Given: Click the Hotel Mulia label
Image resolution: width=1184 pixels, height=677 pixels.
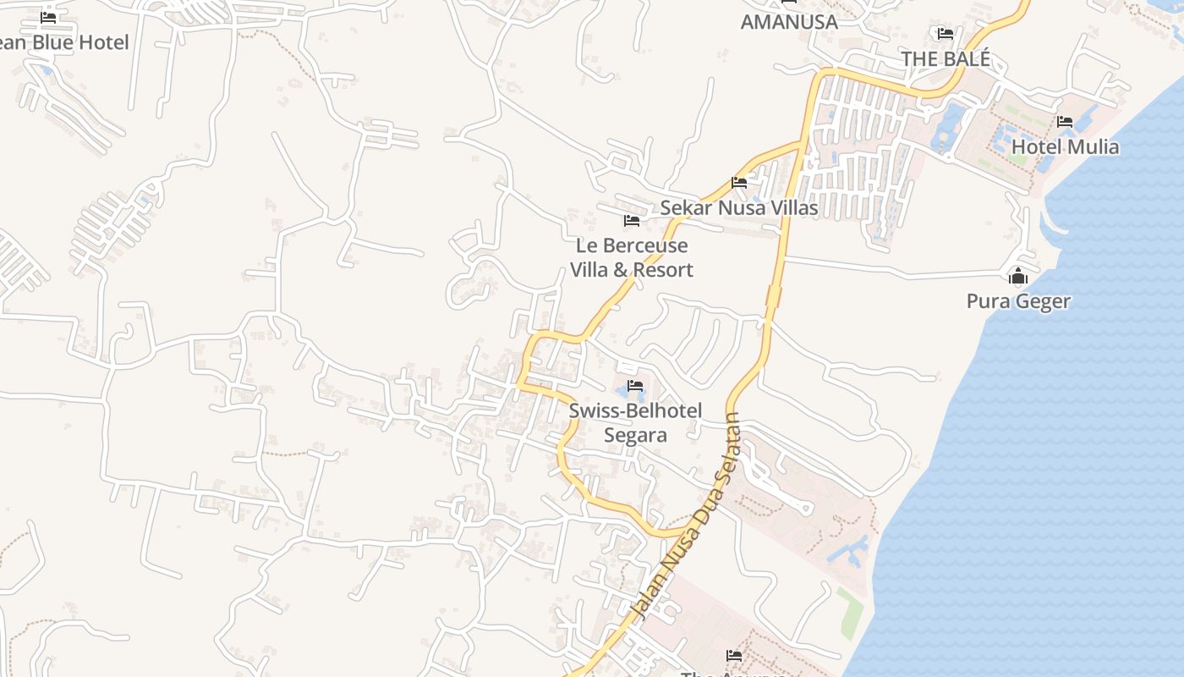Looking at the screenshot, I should (1065, 146).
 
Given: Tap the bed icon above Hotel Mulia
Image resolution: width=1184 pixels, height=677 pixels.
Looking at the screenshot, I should (1065, 123).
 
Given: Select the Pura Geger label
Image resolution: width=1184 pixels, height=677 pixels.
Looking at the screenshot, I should (1018, 301).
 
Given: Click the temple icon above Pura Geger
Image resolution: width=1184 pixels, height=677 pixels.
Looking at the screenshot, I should (1018, 277).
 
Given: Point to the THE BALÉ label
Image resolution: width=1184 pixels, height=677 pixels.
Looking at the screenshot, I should (945, 58).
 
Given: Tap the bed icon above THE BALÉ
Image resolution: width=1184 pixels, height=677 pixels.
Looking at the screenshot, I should (945, 34).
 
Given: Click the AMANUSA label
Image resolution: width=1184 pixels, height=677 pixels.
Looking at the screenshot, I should (789, 22).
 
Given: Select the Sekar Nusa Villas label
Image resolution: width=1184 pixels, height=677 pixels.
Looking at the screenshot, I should (738, 207).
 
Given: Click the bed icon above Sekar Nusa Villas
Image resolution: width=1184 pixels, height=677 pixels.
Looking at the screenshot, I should (739, 183).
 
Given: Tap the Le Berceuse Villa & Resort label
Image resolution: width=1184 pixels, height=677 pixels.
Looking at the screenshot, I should (632, 257).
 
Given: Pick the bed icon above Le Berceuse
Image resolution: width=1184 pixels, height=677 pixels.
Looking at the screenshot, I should (631, 221).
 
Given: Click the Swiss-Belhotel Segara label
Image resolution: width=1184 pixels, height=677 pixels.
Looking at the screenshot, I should (635, 422).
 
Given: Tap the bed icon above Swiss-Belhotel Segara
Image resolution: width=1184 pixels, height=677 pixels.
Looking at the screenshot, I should (635, 387).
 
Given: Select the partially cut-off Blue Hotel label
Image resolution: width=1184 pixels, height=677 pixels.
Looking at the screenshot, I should (64, 42).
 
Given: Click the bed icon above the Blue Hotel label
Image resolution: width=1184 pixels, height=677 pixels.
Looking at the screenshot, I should (48, 18).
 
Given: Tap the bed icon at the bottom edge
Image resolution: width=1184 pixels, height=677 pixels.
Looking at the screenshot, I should (734, 656).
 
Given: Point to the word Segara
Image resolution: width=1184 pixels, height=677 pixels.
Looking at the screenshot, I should (635, 435).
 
